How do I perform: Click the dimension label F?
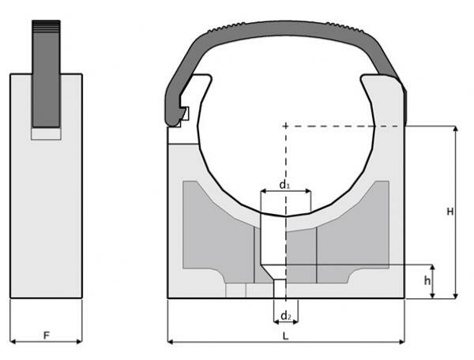(x=46, y=336)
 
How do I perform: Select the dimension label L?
(x=285, y=336)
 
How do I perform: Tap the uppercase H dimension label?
(x=449, y=212)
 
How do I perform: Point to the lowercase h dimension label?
(x=427, y=280)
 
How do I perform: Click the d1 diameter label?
(x=284, y=185)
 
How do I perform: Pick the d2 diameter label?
(x=285, y=317)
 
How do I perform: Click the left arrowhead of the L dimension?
(x=171, y=342)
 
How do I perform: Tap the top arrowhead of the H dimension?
(x=456, y=129)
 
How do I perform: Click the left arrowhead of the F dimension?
(x=13, y=342)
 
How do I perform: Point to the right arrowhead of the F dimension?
(x=78, y=342)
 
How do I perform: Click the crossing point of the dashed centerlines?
(x=285, y=125)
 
